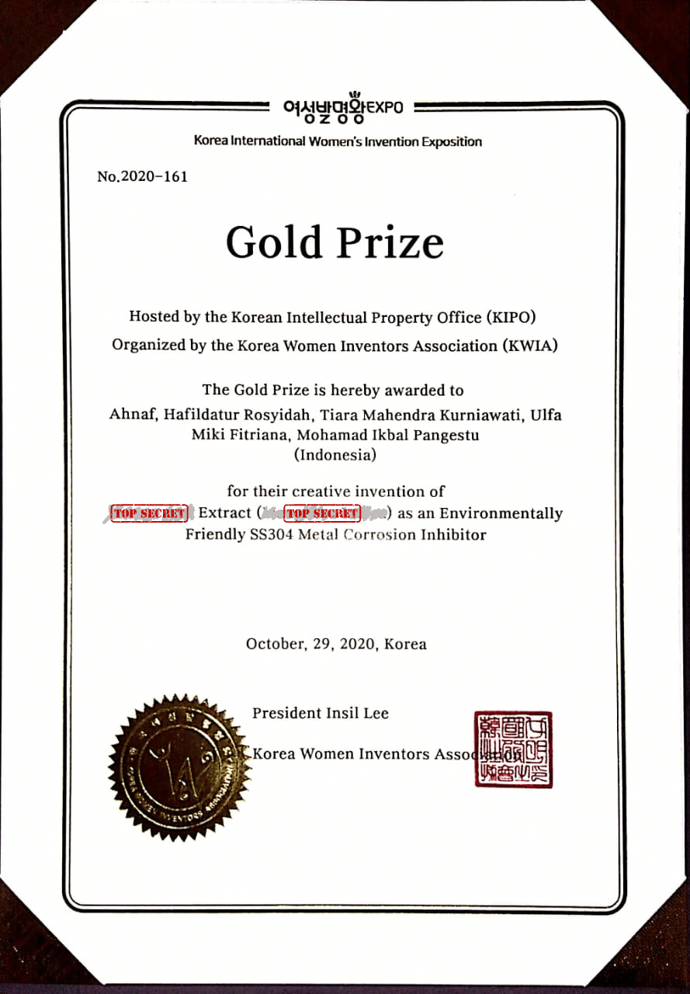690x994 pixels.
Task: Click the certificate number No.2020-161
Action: (142, 176)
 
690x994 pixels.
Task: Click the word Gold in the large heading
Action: (273, 242)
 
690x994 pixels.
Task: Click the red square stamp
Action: (513, 749)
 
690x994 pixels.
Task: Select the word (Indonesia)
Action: (335, 455)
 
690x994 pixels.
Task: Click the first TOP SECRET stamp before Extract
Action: (150, 513)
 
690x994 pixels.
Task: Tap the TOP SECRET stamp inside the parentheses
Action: (322, 513)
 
